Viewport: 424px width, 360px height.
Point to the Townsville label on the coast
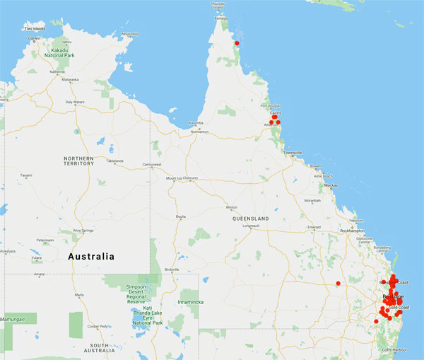pyautogui.click(x=292, y=153)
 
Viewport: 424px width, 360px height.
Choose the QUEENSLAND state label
pyautogui.click(x=251, y=219)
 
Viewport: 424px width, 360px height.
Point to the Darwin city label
pyautogui.click(x=34, y=38)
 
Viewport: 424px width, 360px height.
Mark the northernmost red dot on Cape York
pyautogui.click(x=237, y=43)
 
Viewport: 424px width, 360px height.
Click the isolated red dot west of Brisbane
pyautogui.click(x=338, y=284)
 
